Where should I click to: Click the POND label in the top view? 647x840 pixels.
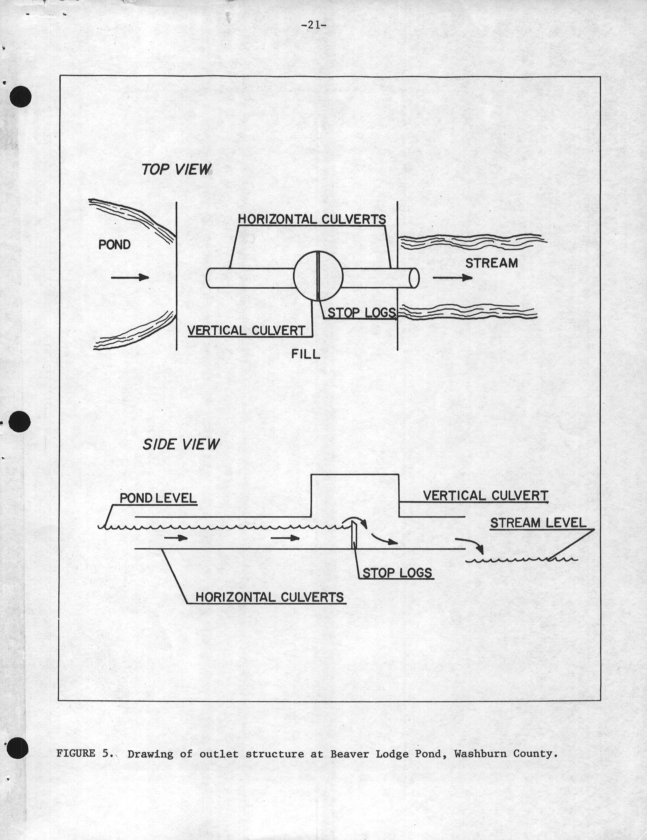point(115,245)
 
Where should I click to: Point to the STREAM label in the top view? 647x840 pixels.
point(491,263)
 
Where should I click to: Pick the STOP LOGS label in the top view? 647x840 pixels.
point(361,313)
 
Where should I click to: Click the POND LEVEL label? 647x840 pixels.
point(158,498)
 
